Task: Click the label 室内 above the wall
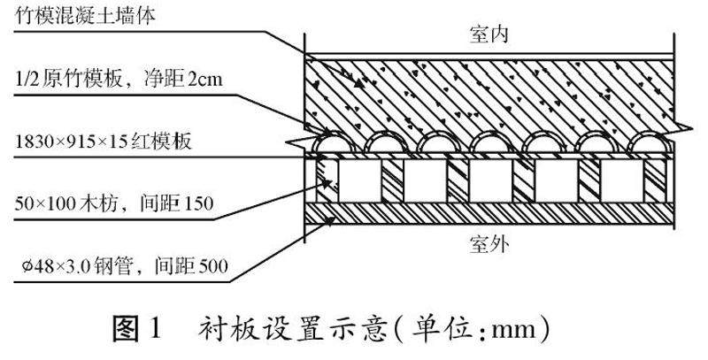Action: [488, 35]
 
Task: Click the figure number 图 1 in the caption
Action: [137, 332]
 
